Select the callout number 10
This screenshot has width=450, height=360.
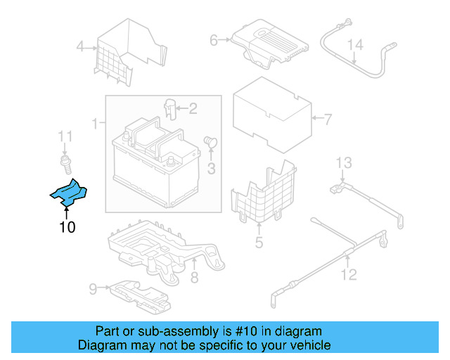click(67, 226)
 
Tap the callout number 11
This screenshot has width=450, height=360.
click(65, 136)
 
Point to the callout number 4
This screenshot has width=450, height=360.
click(80, 47)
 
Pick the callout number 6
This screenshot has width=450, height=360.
click(214, 41)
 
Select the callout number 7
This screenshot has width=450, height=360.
click(326, 119)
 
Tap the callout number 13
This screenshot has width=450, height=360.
click(342, 164)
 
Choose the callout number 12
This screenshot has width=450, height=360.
click(349, 274)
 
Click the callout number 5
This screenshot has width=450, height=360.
click(259, 243)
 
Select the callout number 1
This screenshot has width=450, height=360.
click(94, 124)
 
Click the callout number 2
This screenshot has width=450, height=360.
click(193, 108)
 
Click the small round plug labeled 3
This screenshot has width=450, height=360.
click(210, 142)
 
